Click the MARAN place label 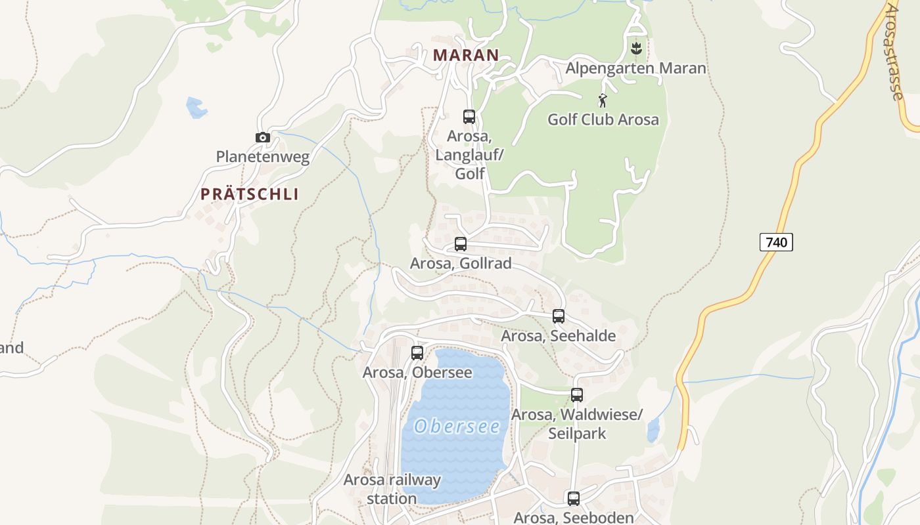coord(466,55)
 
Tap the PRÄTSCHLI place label coord(250,194)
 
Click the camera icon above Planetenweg coord(263,137)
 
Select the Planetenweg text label coord(263,157)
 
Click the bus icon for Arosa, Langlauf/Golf coord(469,117)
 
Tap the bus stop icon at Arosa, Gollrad coord(461,244)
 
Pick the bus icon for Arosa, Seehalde coord(559,316)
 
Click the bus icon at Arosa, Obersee coord(417,353)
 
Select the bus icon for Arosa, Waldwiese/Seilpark coord(577,395)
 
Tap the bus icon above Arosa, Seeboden coord(574,498)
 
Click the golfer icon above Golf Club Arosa coord(603,100)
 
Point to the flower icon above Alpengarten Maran coord(635,48)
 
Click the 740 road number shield coord(776,242)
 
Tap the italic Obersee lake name coord(457,427)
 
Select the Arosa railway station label coord(392,489)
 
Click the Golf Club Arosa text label coord(603,119)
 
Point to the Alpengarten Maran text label coord(635,68)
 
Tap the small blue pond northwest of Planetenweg coord(196,108)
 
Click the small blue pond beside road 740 coord(653,430)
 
